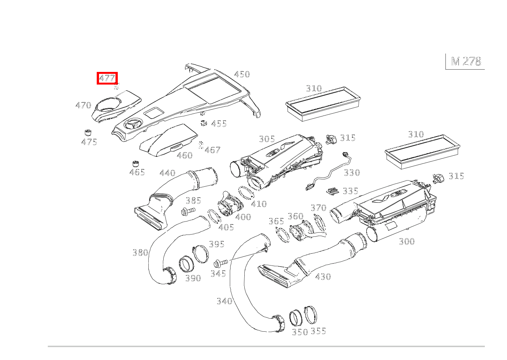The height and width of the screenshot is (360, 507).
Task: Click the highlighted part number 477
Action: tap(107, 78)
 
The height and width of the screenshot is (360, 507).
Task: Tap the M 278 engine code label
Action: tap(466, 61)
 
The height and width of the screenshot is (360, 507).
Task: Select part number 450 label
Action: tap(242, 74)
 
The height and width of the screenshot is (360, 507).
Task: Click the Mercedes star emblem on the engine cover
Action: tap(133, 125)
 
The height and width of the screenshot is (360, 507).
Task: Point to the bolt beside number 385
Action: tap(188, 212)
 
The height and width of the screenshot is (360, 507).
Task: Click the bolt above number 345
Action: tap(221, 263)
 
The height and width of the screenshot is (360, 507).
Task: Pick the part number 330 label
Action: tap(352, 173)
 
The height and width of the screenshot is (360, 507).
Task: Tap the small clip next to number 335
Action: tap(332, 191)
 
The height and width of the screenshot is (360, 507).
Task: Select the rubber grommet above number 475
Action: tap(88, 132)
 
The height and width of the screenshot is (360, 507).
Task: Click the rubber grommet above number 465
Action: tap(135, 163)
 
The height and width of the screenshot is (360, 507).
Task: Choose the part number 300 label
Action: tap(407, 241)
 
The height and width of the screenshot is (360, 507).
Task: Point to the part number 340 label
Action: tap(224, 301)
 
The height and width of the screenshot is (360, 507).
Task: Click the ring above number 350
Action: tap(296, 318)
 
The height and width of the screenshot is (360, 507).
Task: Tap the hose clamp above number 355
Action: tap(310, 315)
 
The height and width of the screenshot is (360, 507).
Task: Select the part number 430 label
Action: tap(323, 277)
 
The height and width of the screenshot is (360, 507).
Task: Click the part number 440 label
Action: tap(167, 173)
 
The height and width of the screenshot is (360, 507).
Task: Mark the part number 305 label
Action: tap(267, 139)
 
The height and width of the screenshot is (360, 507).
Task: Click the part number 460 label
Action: tap(185, 155)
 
